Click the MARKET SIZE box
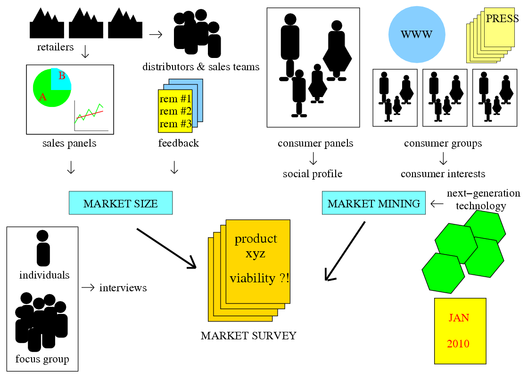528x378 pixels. [x=120, y=203]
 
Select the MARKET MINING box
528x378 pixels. [x=373, y=203]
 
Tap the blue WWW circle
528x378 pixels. [x=416, y=34]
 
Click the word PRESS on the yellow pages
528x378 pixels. [x=502, y=19]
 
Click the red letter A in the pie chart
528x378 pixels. [x=43, y=97]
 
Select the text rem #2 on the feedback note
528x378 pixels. [x=175, y=111]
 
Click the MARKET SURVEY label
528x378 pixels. [x=248, y=336]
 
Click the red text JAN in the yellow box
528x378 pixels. [x=459, y=318]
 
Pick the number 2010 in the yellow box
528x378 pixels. [x=458, y=344]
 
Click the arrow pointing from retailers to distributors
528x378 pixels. [x=156, y=34]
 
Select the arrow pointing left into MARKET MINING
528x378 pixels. [x=437, y=203]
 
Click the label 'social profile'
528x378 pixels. [x=313, y=174]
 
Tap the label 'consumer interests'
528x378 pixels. [x=443, y=174]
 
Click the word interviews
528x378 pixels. [x=123, y=288]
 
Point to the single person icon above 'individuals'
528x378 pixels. [x=42, y=248]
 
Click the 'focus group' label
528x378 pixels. [x=42, y=359]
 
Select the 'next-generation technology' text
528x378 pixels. [x=477, y=199]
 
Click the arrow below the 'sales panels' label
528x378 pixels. [x=71, y=167]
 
